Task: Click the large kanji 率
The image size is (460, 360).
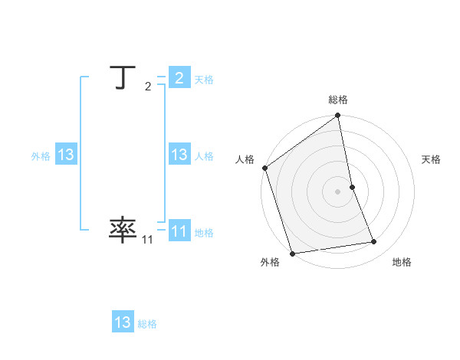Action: [123, 229]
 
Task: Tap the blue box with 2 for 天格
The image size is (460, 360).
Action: [179, 77]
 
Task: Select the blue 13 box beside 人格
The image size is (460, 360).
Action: [179, 155]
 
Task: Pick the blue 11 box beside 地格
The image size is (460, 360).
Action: [179, 231]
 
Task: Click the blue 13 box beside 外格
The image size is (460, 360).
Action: [66, 155]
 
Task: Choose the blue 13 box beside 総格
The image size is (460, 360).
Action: [123, 322]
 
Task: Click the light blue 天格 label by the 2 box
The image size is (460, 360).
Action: [204, 80]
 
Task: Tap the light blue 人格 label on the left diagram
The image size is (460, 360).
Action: [204, 156]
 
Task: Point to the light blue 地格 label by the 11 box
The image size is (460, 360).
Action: [204, 233]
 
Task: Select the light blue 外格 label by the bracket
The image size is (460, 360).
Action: [41, 156]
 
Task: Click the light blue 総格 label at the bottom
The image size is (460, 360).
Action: [147, 325]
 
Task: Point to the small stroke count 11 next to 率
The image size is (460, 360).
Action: [147, 240]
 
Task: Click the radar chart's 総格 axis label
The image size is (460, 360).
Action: [338, 100]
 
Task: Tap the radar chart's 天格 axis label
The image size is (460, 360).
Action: [431, 159]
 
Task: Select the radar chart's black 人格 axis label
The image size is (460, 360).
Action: [245, 159]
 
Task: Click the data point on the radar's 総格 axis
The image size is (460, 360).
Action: [338, 116]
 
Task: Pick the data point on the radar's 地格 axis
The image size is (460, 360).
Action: [374, 242]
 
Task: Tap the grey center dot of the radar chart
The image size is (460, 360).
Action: [338, 191]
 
